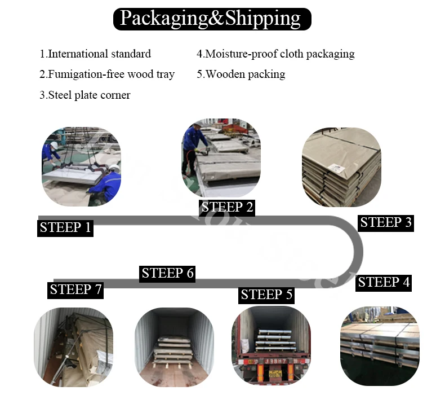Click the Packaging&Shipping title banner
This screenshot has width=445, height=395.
click(x=212, y=19)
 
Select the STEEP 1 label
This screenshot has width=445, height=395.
click(x=65, y=228)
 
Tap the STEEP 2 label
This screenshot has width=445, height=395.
click(x=228, y=207)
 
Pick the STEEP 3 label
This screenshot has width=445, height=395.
click(x=386, y=222)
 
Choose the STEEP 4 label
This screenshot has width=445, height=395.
click(x=384, y=282)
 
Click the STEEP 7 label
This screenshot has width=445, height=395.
click(x=75, y=290)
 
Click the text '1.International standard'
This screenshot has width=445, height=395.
click(x=95, y=54)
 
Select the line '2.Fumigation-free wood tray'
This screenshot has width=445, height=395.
click(x=107, y=74)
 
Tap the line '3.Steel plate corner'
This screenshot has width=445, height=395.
click(x=84, y=95)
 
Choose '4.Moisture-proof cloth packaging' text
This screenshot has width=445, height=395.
click(x=275, y=54)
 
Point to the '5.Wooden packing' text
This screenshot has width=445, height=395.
click(x=241, y=74)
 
